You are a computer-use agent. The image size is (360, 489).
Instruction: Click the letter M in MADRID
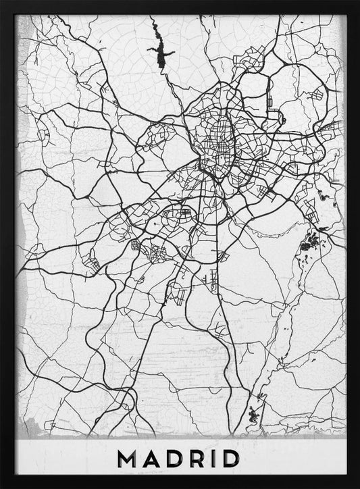(x=127, y=458)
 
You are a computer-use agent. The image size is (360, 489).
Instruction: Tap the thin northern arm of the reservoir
(x=153, y=30)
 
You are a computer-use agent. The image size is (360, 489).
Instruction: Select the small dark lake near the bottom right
(x=255, y=409)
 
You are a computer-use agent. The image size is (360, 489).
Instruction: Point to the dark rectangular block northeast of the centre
(x=269, y=101)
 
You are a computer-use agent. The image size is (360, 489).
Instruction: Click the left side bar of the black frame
(x=7, y=243)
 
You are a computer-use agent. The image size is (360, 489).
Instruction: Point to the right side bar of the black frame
(x=353, y=243)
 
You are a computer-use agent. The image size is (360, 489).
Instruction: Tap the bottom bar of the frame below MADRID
(x=180, y=482)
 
